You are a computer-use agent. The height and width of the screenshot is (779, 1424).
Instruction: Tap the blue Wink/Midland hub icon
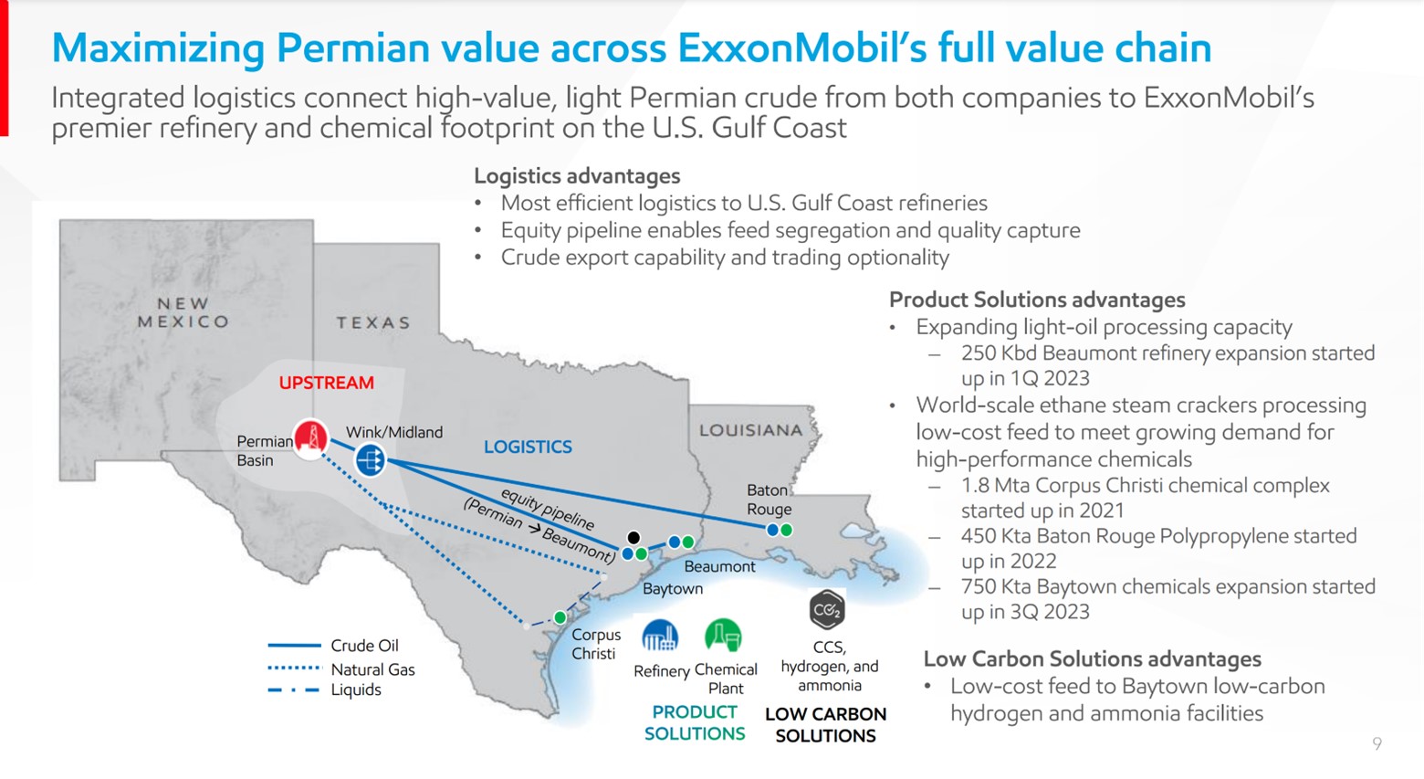click(x=370, y=458)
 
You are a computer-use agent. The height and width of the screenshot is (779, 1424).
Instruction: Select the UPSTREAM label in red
click(x=326, y=383)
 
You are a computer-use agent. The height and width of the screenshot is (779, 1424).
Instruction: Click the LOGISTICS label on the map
click(x=528, y=447)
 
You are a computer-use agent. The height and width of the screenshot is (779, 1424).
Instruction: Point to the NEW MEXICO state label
click(x=183, y=312)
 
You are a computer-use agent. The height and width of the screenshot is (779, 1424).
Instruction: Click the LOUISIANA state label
click(x=750, y=430)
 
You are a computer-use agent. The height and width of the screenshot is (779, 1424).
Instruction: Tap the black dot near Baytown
click(x=633, y=538)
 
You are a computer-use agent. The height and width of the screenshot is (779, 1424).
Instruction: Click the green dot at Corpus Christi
click(x=560, y=617)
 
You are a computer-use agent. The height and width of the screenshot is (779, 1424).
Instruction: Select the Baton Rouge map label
click(x=769, y=500)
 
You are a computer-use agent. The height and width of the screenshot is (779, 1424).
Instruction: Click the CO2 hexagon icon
click(x=827, y=610)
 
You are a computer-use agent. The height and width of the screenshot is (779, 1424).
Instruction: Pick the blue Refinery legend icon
click(x=660, y=636)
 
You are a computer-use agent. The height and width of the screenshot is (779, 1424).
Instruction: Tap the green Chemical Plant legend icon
click(x=723, y=636)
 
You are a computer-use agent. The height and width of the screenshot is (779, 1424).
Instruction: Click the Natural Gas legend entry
click(x=372, y=669)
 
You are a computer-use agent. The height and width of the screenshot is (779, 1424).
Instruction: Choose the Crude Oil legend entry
click(x=363, y=646)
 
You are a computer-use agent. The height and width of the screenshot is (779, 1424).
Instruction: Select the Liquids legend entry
click(x=356, y=690)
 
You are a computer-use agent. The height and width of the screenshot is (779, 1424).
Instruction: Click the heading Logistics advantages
click(x=577, y=175)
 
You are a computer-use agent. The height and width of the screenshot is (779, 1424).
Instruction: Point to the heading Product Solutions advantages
click(x=1037, y=300)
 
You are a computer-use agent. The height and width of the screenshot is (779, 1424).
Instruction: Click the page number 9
click(x=1377, y=744)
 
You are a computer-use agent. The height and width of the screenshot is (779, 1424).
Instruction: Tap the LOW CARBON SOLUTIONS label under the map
click(x=825, y=725)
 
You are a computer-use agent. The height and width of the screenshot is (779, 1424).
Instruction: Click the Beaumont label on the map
click(x=719, y=566)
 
